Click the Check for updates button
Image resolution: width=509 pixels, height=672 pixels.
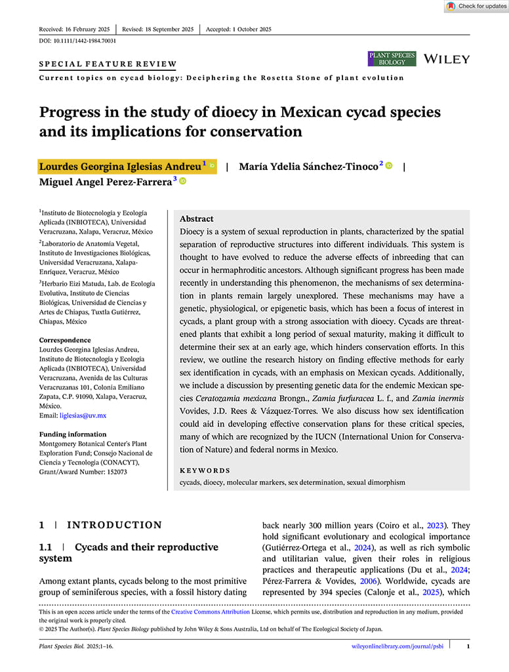click(x=476, y=7)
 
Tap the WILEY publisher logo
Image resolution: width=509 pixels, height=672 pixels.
click(x=447, y=59)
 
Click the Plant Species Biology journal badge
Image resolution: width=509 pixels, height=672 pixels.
click(x=392, y=59)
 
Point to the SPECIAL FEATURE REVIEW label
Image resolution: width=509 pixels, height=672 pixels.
click(x=108, y=64)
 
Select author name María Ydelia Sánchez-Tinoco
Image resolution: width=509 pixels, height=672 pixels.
click(x=308, y=166)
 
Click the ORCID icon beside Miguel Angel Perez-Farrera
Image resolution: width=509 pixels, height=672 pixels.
click(x=182, y=181)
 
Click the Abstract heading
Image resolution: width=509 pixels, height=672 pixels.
click(x=196, y=219)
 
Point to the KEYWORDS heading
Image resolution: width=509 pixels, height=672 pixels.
click(x=205, y=471)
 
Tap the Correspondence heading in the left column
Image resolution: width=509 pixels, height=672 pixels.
click(x=65, y=340)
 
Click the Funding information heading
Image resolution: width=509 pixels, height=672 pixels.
click(x=73, y=434)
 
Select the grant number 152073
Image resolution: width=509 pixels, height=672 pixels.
click(x=113, y=472)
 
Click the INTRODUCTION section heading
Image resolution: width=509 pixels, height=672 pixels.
click(x=114, y=525)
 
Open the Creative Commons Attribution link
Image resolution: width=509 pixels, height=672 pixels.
click(x=210, y=612)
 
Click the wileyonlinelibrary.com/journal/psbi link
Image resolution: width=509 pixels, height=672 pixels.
click(x=396, y=646)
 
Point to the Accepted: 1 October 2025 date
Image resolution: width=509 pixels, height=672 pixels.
click(x=238, y=30)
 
